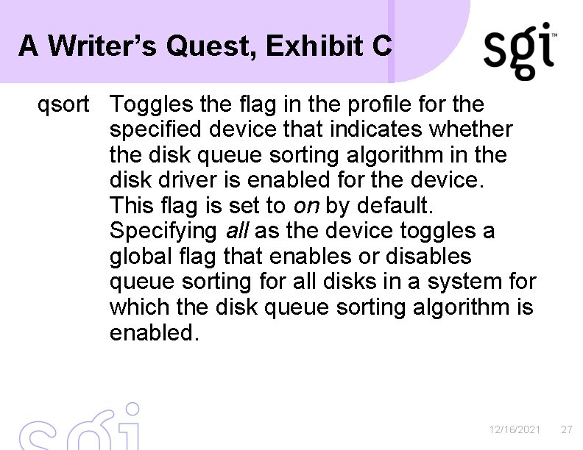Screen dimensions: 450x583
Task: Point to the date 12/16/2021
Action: (x=515, y=429)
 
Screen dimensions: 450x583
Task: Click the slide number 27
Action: (x=566, y=429)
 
